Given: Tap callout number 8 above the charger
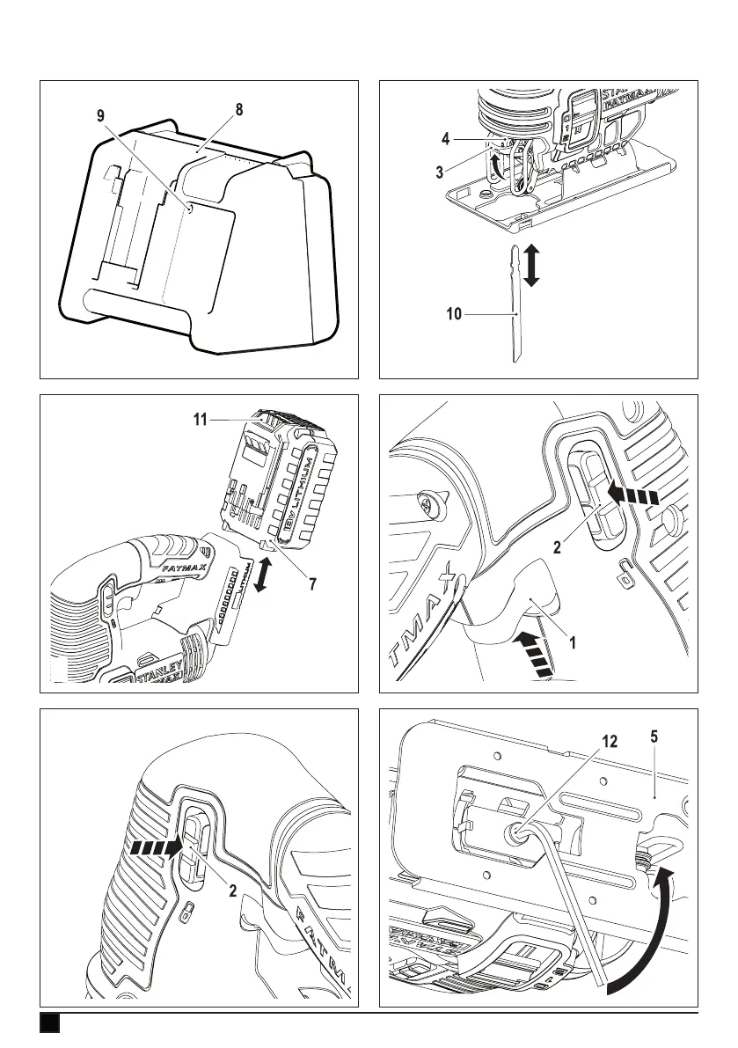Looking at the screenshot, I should (x=239, y=111).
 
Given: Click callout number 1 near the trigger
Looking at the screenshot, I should (x=573, y=642).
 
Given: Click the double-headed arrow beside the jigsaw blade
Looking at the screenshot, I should (x=530, y=264).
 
